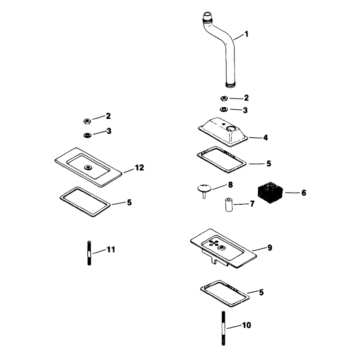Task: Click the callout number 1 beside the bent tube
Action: pos(246,34)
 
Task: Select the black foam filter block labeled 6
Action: pos(270,193)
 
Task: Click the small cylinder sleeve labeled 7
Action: pos(229,204)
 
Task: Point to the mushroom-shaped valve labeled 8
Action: pos(204,190)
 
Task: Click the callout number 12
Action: pos(139,168)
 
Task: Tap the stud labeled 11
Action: pos(89,253)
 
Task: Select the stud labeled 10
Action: pos(223,328)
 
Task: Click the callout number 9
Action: pos(270,248)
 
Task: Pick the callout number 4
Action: pos(265,138)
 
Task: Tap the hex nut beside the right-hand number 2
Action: pos(224,99)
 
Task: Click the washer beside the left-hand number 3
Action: pos(87,135)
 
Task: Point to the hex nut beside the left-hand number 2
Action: pos(87,121)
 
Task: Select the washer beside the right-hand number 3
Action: pos(224,109)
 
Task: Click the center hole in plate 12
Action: pos(87,167)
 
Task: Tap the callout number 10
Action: pos(247,325)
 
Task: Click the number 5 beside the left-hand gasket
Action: pos(130,203)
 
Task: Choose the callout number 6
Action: pos(304,193)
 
